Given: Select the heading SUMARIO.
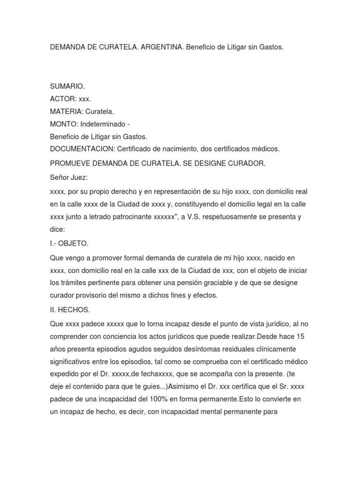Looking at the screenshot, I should click(67, 87).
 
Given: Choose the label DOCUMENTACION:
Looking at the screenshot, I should click(82, 149).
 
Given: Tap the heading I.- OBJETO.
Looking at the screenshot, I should click(69, 244).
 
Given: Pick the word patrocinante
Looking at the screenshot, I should click(132, 217).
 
